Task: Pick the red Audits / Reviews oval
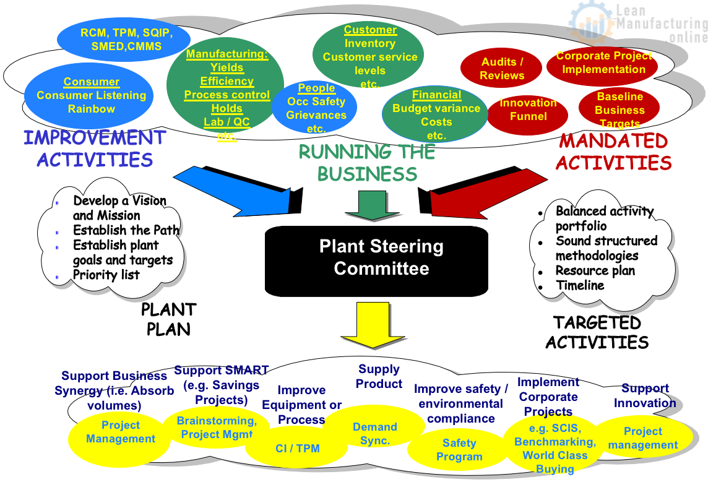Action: (502, 69)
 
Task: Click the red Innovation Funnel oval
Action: (527, 110)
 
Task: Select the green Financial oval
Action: (436, 115)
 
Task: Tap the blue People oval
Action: (316, 108)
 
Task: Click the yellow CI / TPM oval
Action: (297, 448)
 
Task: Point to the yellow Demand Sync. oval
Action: (374, 434)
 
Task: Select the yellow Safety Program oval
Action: (459, 450)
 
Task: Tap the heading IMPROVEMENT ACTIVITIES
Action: (95, 148)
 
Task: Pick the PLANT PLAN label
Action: (168, 319)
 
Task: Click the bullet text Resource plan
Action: (595, 270)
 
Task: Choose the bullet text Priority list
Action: (106, 275)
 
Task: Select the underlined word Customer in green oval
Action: (370, 30)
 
